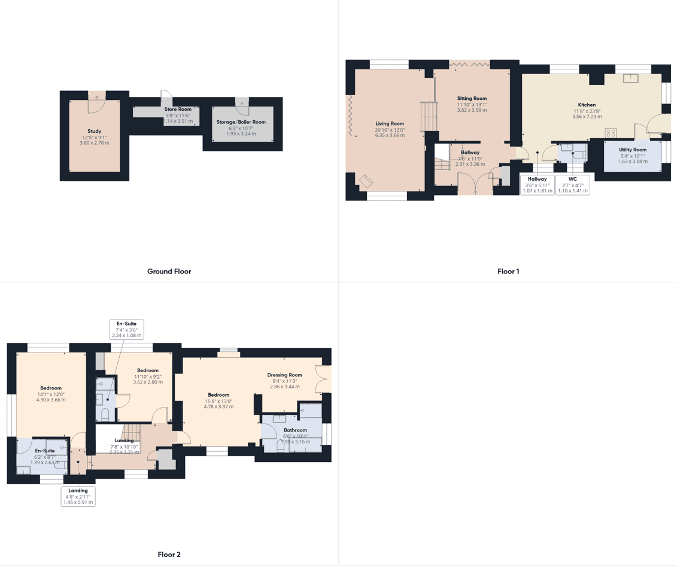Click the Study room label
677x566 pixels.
(x=95, y=131)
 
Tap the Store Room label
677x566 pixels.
(x=178, y=109)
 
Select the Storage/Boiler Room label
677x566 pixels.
(x=241, y=122)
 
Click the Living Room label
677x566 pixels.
(x=390, y=123)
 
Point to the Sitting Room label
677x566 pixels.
(x=472, y=98)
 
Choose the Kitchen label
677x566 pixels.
(x=587, y=105)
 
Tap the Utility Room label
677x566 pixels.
(x=633, y=150)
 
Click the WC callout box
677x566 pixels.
(x=572, y=185)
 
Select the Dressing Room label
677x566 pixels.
(x=284, y=375)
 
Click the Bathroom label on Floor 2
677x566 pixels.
(x=295, y=430)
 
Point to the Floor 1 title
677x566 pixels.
(x=508, y=272)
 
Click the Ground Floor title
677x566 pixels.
(x=169, y=272)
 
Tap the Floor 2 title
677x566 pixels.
(x=169, y=555)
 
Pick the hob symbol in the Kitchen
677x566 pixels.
(x=611, y=132)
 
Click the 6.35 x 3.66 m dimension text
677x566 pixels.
(x=390, y=135)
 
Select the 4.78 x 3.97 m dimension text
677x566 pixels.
(x=218, y=406)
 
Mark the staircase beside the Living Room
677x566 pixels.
(x=429, y=116)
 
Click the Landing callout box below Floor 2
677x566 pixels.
(x=78, y=496)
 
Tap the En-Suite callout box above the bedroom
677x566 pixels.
(x=126, y=330)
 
